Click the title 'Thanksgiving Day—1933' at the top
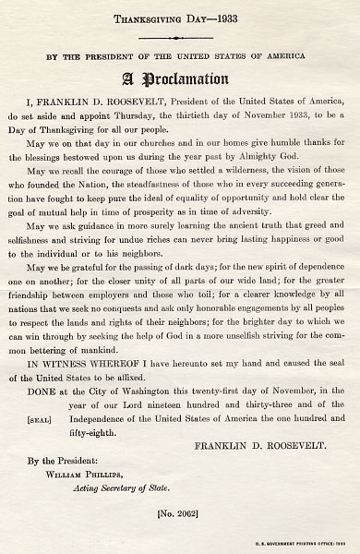click(179, 18)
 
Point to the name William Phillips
click(93, 465)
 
